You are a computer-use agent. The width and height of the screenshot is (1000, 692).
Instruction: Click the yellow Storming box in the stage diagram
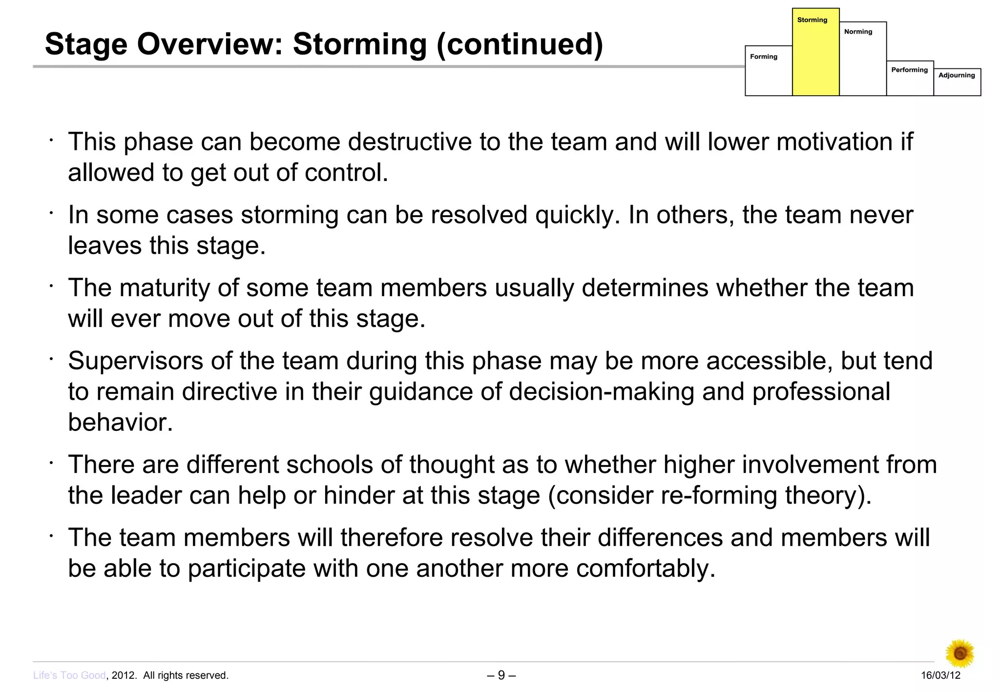(x=815, y=54)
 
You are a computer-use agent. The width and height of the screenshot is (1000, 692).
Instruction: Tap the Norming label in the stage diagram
(x=858, y=32)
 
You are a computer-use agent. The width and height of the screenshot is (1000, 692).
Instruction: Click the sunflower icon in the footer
(x=960, y=653)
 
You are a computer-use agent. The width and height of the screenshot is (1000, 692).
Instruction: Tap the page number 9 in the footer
(x=501, y=675)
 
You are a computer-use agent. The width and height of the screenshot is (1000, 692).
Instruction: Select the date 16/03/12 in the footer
(x=940, y=675)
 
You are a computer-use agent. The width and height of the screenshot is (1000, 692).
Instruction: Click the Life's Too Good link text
(x=69, y=675)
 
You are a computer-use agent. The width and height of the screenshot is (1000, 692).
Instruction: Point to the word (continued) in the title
(x=520, y=44)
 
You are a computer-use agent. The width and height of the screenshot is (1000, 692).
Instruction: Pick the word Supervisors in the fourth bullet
(x=135, y=361)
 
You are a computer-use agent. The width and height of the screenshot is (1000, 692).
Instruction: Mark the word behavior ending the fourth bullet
(x=120, y=423)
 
